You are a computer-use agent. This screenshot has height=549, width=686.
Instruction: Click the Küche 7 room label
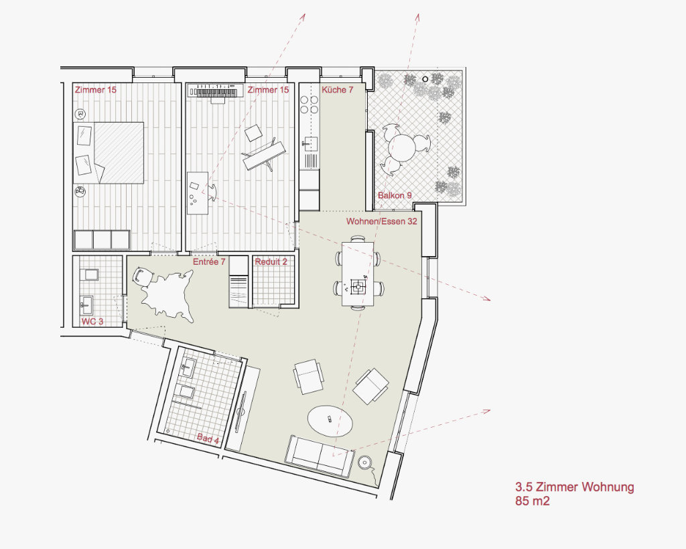coord(338,90)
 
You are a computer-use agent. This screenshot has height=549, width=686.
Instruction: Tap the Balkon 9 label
coord(395,195)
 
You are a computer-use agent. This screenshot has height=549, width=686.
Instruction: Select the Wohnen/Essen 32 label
coord(381,221)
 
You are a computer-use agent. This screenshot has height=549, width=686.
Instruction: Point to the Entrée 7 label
coord(209,262)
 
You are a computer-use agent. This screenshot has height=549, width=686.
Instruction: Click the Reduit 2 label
coord(271,262)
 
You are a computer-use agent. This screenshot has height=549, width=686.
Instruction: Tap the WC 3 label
coord(92,321)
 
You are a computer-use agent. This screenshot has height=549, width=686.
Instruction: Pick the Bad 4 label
coord(208,438)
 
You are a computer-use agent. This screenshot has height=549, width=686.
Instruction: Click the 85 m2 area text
coord(532,501)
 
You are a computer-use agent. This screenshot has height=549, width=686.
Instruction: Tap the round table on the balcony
coord(405,148)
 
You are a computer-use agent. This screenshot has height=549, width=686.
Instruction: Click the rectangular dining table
coord(358,273)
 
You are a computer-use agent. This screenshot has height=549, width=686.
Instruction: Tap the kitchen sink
coord(310,143)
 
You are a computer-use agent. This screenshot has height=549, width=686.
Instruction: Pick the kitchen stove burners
coord(310,104)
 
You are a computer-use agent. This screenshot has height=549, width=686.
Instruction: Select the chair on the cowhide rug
coord(143,277)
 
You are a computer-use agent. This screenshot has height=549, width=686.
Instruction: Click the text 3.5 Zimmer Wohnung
coord(574,487)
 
